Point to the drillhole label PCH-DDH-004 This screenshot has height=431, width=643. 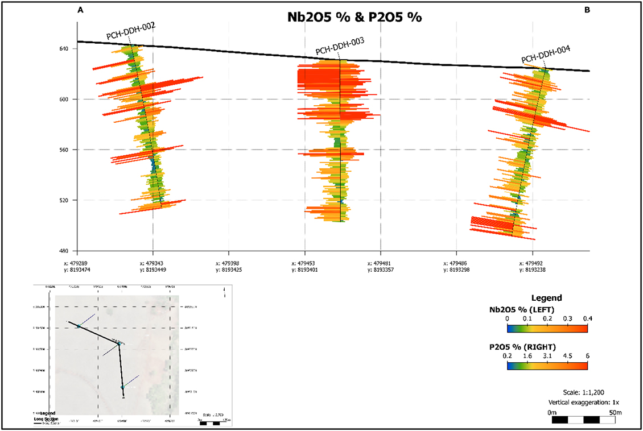point(546,58)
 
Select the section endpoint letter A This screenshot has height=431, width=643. point(80,10)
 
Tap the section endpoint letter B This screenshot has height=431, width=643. point(587,10)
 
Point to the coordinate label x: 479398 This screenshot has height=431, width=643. point(229,264)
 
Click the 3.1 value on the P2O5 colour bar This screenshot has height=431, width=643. point(547,357)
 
